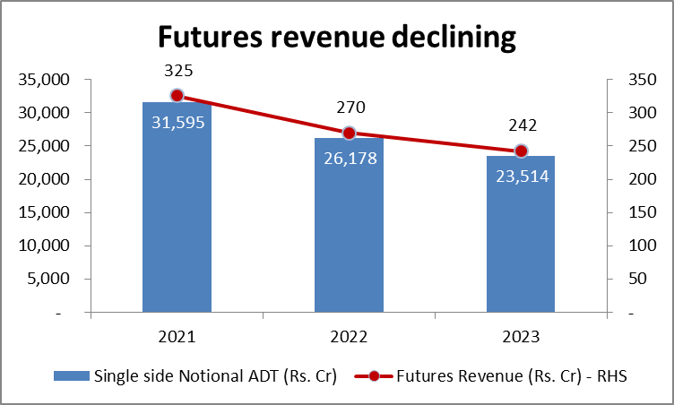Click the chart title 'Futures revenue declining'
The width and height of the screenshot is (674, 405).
pos(337,37)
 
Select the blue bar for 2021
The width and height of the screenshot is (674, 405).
pos(177,224)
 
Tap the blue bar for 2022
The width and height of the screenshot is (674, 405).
pos(349,242)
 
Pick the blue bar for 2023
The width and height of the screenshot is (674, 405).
pos(521,251)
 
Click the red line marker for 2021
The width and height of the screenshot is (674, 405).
pos(177,96)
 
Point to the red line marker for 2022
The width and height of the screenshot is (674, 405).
pos(349,133)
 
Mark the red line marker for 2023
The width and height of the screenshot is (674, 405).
pos(521,151)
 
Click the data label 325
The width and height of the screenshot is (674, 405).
pos(177,70)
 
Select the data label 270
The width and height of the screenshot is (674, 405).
pos(350,108)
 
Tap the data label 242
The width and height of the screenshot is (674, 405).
pos(521,126)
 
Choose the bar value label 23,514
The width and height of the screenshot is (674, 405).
pos(521,177)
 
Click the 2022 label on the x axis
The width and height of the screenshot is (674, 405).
pos(349,337)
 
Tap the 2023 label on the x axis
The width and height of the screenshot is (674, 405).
pos(521,337)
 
